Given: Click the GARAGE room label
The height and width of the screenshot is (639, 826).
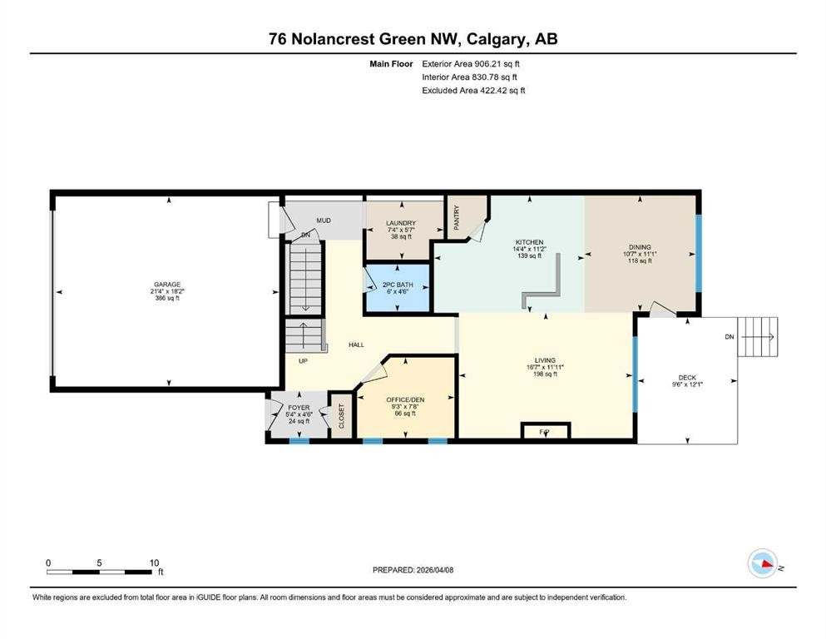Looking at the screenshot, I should tap(166, 285).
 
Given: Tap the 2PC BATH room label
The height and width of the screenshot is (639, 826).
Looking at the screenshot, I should tap(397, 285).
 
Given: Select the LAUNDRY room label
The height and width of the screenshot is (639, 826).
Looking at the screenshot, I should tap(400, 223).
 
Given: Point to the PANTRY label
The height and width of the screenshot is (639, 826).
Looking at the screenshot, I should tap(457, 218).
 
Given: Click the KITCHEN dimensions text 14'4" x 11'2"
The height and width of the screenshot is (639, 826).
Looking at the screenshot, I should tap(528, 249).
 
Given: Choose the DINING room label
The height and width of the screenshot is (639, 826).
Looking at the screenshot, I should tap(639, 247).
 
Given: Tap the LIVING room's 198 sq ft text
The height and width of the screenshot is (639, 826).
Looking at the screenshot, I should tap(545, 374).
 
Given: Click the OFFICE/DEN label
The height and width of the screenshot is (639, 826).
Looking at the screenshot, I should tap(405, 399).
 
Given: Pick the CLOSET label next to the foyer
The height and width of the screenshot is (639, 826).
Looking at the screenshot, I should tap(341, 416).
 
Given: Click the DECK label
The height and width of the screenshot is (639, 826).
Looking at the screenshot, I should tap(687, 377).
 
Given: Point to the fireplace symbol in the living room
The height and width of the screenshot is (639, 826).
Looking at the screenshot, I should tap(546, 431).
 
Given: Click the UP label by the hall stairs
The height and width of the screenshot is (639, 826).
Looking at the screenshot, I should tap(303, 360).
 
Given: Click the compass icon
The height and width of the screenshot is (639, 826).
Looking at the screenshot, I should tap(762, 563).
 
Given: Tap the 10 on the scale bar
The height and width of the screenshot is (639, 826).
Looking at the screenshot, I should tap(153, 562).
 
